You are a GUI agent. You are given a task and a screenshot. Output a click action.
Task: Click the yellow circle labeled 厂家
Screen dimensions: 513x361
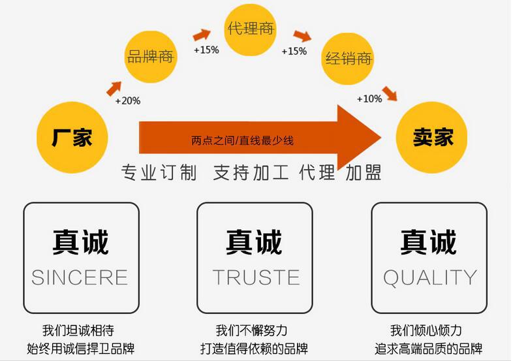[72, 138]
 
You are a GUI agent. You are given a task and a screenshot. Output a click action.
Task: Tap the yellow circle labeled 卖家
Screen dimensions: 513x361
[432, 138]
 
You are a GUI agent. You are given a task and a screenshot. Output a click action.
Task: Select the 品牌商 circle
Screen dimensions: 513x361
[150, 57]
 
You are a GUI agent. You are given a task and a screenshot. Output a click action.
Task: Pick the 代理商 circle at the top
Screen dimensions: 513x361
[251, 29]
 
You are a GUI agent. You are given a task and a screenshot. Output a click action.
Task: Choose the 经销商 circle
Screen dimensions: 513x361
[349, 59]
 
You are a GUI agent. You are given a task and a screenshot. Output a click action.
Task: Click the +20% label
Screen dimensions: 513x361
[127, 101]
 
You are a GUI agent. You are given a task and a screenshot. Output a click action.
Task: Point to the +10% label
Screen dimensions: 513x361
[369, 99]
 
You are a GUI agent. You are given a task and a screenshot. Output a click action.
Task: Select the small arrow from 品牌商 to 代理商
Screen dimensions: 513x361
[202, 35]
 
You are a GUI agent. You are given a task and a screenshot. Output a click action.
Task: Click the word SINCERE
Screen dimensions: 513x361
[80, 277]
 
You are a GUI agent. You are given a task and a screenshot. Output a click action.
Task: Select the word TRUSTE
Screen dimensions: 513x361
[256, 277]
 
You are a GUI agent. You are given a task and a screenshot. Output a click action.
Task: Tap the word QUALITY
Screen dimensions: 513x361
[429, 277]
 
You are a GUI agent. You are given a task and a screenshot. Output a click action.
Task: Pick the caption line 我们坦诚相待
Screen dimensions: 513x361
[82, 330]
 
